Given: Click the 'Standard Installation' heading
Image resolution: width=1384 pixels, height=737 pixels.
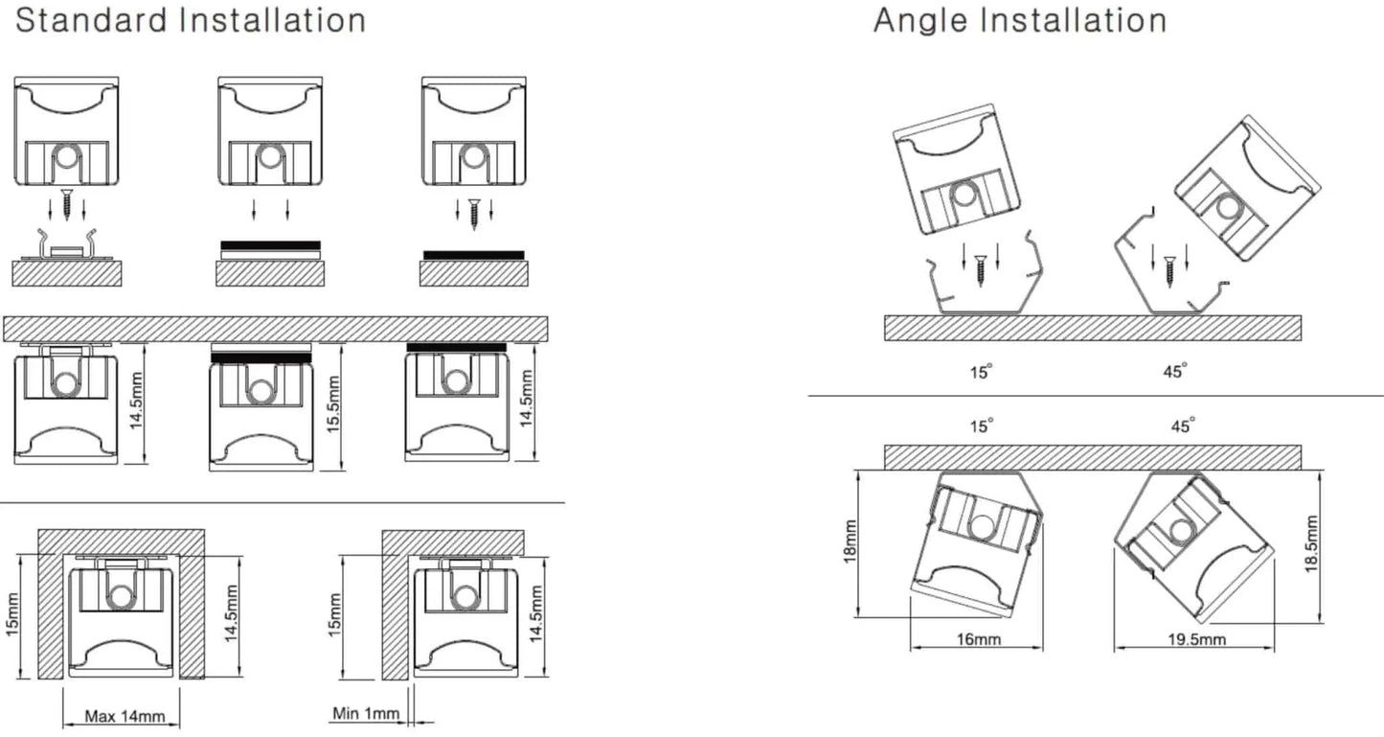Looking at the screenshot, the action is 191,20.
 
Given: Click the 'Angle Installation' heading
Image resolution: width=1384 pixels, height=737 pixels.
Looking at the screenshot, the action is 1020,20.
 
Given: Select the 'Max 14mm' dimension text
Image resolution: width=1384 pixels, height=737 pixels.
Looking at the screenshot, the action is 125,717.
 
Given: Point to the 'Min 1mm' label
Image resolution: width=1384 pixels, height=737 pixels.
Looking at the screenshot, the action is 366,713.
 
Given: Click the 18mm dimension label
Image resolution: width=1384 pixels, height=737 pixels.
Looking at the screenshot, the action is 851,541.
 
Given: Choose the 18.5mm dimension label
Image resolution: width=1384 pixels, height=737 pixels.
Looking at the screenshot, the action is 1311,544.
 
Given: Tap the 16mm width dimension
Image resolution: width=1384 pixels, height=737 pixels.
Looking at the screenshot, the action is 979,638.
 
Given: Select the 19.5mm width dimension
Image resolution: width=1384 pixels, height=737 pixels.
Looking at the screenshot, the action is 1197,638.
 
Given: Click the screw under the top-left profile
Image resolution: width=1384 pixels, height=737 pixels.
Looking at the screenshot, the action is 67,205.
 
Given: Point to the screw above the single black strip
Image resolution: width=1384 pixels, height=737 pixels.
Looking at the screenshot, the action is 474,214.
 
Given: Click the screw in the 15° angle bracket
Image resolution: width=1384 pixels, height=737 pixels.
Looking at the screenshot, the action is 981,271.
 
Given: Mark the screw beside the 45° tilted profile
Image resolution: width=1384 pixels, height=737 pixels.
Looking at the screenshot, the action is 1169,272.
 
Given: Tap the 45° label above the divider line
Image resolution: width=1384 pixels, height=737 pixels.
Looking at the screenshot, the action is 1174,371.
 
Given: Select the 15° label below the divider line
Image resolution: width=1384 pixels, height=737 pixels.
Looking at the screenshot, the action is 981,426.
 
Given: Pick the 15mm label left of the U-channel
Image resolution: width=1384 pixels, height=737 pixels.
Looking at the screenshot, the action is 12,614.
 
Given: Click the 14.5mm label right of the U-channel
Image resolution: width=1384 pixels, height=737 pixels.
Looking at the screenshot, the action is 231,613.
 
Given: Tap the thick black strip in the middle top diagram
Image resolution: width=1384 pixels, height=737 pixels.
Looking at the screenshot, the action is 271,245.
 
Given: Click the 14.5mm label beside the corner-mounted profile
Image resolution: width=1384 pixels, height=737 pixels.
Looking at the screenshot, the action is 535,613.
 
